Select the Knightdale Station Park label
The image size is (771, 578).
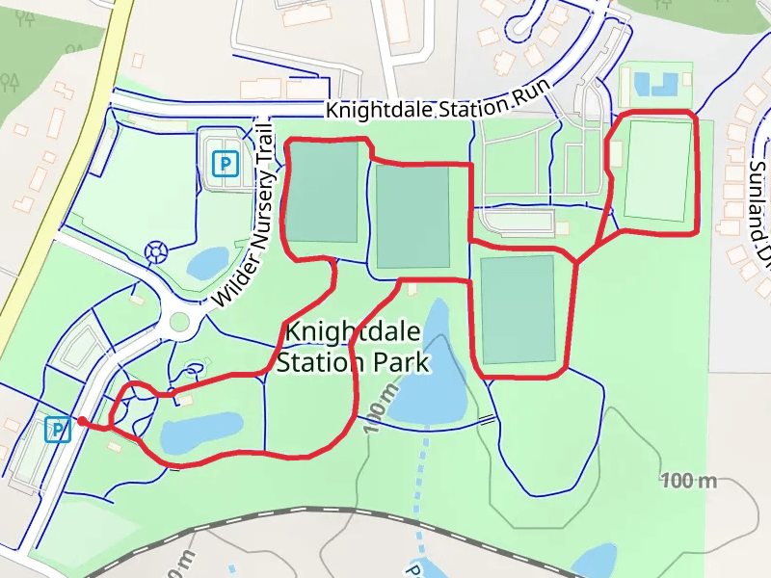[x=352, y=348]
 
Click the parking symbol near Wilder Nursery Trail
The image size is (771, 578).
[x=224, y=164]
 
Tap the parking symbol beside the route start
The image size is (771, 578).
[x=59, y=429]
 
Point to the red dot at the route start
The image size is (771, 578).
[x=83, y=421]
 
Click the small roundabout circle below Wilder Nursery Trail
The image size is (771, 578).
[x=179, y=322]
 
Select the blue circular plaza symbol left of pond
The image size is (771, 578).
[x=154, y=253]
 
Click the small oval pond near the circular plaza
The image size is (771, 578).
[x=206, y=261]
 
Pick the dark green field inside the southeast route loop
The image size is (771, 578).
[x=518, y=310]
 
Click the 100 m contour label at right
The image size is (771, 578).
[x=690, y=481]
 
